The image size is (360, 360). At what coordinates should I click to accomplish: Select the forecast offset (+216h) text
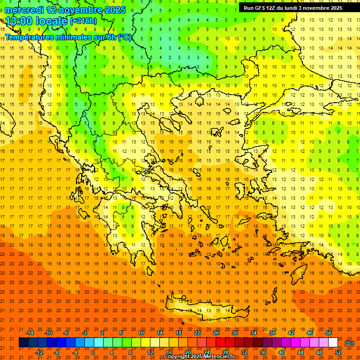[83, 21]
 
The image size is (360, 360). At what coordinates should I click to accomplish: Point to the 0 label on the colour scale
[93, 352]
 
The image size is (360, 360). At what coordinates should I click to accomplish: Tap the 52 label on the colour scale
[338, 352]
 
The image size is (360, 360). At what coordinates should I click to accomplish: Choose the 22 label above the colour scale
[197, 333]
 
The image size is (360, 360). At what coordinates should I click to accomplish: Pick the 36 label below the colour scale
[263, 352]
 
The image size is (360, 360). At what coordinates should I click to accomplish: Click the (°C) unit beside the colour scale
[349, 343]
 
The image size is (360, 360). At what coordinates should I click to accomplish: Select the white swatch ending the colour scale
[333, 343]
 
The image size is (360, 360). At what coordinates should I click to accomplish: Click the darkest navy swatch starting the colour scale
[23, 343]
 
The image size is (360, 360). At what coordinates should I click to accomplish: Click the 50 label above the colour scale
[329, 333]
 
